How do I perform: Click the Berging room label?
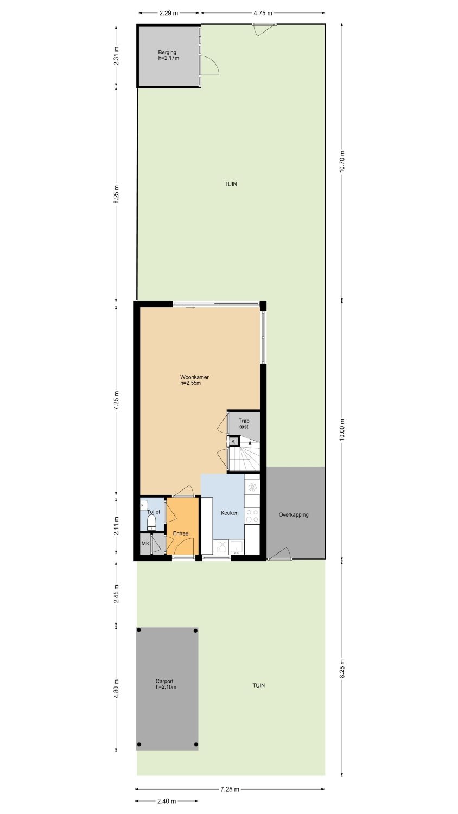[167, 52]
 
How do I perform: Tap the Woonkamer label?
[194, 377]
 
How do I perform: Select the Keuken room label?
[230, 513]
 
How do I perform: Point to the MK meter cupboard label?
[145, 544]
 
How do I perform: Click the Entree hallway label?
[181, 533]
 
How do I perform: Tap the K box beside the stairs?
[234, 442]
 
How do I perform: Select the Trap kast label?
[244, 424]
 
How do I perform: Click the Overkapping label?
[294, 514]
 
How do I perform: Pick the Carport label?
[164, 681]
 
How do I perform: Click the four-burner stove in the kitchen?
[252, 516]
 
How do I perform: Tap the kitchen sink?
[237, 546]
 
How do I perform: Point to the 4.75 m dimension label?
[263, 14]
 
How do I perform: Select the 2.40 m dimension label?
[167, 802]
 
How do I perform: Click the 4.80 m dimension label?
[116, 689]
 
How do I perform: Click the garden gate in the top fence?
[265, 29]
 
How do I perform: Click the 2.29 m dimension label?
[169, 14]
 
